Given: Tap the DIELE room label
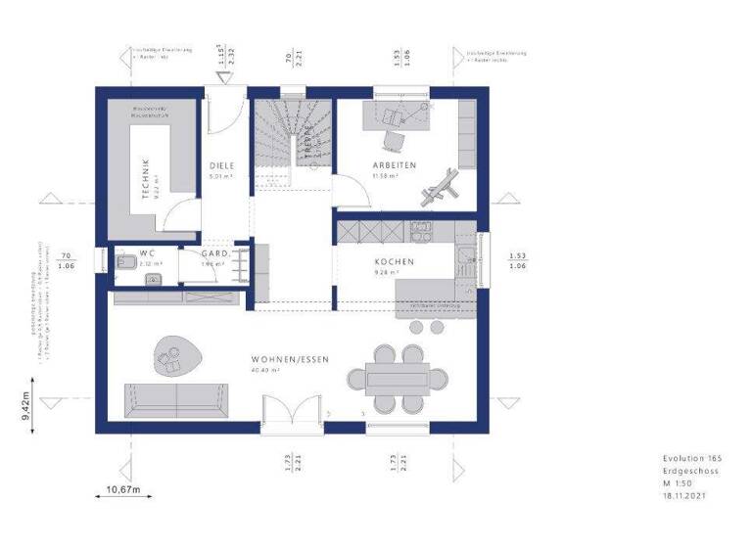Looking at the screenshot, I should [222, 165].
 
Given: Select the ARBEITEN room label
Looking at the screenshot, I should [394, 165].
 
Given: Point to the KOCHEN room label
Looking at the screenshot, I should [394, 262].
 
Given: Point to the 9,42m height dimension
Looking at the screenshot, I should [27, 403].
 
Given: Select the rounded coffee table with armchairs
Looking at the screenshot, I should [174, 356].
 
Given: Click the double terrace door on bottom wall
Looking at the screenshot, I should [292, 411].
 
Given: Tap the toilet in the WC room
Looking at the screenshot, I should [126, 261].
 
